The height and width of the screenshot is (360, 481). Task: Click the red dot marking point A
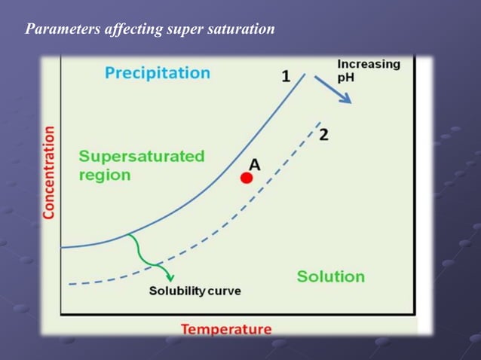click(246, 178)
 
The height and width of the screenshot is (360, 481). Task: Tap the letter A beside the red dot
click(255, 164)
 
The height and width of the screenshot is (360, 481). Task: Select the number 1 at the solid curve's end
click(286, 76)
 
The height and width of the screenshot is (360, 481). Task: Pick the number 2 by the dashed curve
click(323, 135)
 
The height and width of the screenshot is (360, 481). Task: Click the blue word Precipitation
click(157, 73)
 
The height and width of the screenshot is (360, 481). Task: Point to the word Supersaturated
click(142, 157)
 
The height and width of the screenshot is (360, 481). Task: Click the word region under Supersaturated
click(105, 175)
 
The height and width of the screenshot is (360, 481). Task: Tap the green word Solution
click(330, 276)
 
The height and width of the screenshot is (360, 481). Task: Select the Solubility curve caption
click(195, 291)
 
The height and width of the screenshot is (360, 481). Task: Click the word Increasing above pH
click(369, 64)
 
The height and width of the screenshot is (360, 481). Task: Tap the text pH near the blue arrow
click(346, 78)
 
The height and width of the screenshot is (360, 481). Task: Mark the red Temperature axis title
click(225, 329)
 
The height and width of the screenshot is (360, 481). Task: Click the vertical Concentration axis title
click(49, 172)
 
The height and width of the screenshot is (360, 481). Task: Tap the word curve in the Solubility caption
click(224, 291)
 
